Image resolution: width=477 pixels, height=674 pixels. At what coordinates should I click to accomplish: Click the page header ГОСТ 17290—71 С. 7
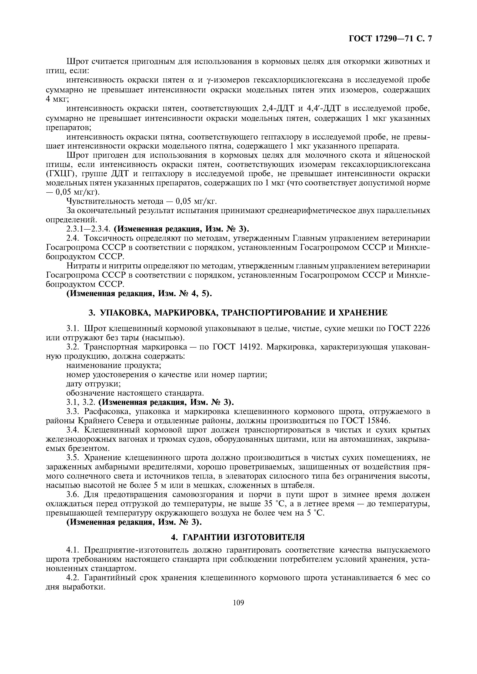390,39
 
